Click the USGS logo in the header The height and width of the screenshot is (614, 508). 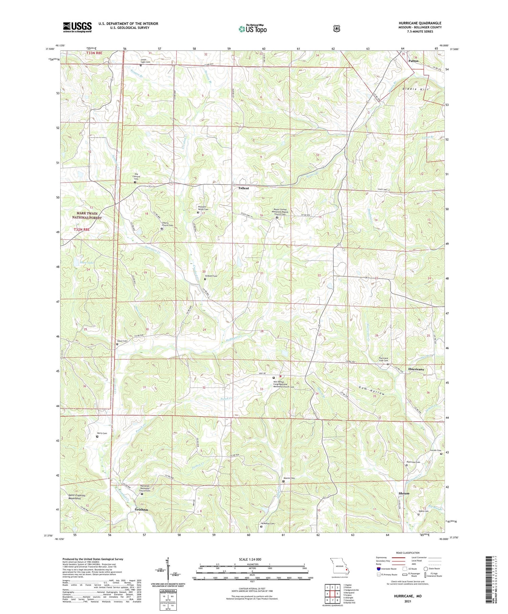[x=77, y=27]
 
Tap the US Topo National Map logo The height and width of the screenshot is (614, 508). [x=252, y=29]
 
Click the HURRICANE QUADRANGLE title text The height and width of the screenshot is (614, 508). [x=420, y=23]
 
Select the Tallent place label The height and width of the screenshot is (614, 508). [x=243, y=188]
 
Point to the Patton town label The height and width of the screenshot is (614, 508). [x=413, y=61]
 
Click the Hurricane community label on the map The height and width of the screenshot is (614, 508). [x=416, y=369]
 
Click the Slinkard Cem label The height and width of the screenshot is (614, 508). [x=211, y=276]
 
